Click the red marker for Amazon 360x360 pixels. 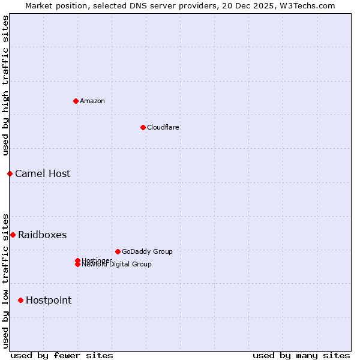pos(76,101)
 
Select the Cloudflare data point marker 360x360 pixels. pos(143,127)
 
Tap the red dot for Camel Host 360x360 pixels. pos(10,173)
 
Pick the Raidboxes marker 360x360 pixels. pos(13,235)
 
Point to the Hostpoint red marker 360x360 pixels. pos(20,300)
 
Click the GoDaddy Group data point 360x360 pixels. pos(118,251)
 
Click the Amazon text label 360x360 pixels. pos(92,101)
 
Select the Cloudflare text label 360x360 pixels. pos(163,127)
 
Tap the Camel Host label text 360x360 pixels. pos(43,173)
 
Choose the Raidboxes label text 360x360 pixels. pos(42,235)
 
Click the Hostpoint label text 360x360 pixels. pos(49,300)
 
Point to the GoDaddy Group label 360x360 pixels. pos(147,251)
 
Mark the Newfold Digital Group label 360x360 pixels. pos(117,265)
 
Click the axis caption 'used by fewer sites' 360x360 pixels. pos(62,355)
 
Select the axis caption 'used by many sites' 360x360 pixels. pos(301,355)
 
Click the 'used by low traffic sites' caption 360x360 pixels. pos(5,280)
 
